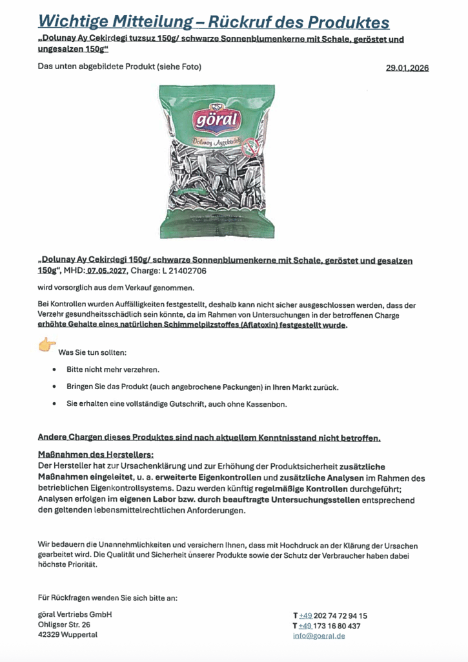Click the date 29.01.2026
point(407,68)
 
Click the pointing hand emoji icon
point(47,345)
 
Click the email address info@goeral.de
point(318,635)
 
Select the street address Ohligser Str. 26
point(64,625)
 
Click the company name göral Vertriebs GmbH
point(75,614)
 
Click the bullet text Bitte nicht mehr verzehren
point(112,369)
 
